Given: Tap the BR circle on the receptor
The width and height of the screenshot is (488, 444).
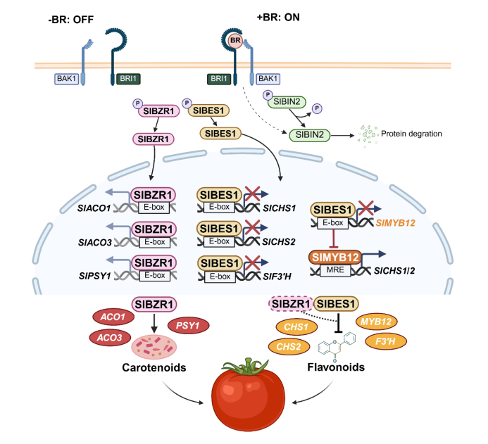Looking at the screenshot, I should click(235, 42).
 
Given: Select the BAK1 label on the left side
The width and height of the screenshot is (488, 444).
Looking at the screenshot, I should click(67, 79).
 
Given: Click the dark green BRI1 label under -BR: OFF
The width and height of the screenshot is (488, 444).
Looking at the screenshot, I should click(126, 79).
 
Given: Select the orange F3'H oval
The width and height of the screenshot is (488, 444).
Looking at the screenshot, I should click(384, 341).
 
